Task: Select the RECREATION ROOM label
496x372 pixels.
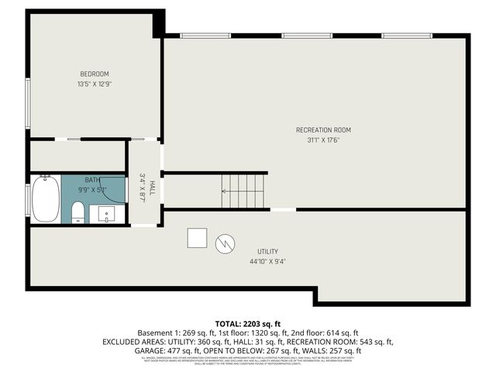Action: tap(323, 129)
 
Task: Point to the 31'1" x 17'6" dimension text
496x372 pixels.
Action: tap(323, 139)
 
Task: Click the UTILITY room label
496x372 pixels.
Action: tap(267, 252)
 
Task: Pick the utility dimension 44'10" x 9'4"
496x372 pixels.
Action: tap(267, 262)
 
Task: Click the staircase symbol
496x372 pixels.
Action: tap(243, 191)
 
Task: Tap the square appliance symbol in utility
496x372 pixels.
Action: tap(197, 238)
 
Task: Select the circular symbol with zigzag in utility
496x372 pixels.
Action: tap(223, 243)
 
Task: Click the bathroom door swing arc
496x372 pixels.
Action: tap(116, 190)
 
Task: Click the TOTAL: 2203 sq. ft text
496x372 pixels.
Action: tap(248, 322)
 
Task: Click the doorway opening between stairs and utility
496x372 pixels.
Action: tap(282, 209)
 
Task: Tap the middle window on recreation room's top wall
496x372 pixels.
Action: tap(307, 36)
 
